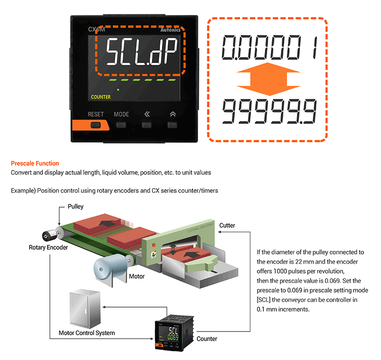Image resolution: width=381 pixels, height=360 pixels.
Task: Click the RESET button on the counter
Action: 96,126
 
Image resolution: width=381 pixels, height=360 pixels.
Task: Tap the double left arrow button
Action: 147,126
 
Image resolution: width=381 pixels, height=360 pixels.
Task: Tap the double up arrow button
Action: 172,126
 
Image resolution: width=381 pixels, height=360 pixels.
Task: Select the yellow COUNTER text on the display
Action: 100,97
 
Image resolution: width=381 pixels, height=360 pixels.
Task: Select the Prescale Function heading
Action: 35,163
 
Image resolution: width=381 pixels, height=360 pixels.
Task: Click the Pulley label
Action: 76,207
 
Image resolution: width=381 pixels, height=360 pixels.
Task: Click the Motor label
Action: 137,276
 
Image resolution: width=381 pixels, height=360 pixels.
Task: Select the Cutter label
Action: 227,225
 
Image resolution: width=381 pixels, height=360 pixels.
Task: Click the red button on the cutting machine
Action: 153,246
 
